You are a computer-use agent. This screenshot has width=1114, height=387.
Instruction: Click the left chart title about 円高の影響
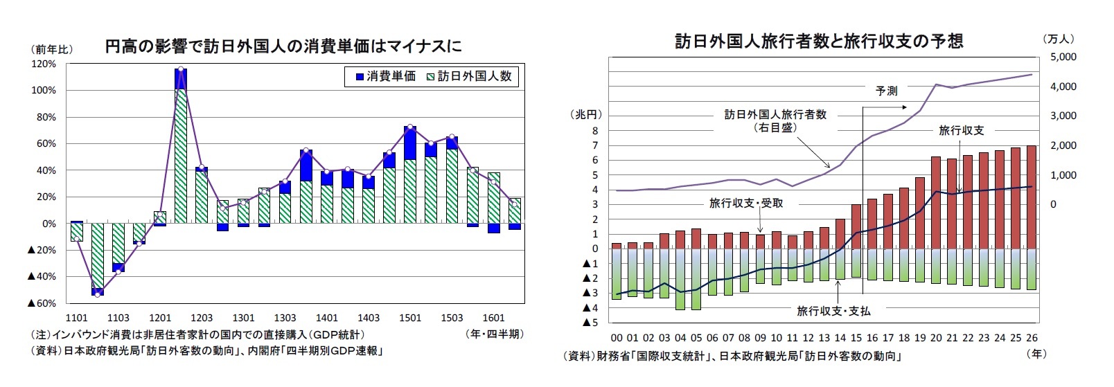tap(283, 46)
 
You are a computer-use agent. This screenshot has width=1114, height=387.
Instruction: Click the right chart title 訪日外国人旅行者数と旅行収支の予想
tap(819, 42)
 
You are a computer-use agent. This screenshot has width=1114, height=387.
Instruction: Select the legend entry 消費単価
tap(385, 76)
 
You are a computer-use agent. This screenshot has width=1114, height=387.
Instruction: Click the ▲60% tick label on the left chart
tap(42, 303)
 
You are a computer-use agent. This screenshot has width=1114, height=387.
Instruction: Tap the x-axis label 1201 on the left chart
tap(160, 318)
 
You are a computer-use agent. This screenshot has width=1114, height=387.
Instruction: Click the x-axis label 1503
tap(452, 318)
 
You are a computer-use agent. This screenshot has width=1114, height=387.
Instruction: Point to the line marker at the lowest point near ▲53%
tap(98, 294)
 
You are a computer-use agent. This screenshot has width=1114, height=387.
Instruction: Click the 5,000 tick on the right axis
tap(1063, 57)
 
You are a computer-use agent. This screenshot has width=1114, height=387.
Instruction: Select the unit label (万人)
tap(1058, 39)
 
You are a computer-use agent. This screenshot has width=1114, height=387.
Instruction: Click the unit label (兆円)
tap(586, 114)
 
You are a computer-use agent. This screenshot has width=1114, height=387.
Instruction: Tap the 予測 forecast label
tap(887, 91)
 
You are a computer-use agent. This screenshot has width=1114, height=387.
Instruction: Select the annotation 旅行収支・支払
tap(833, 311)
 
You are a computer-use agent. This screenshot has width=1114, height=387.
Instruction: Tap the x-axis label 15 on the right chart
tap(856, 338)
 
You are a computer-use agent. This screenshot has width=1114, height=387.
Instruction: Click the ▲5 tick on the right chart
tap(590, 323)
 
